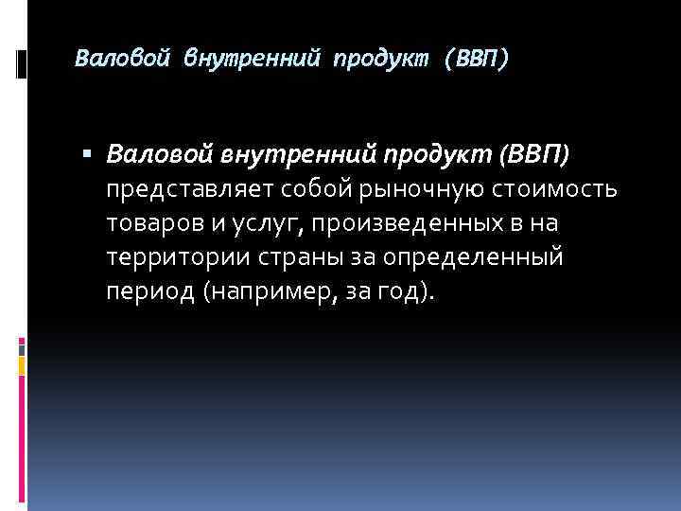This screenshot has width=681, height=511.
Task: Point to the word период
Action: click(x=149, y=291)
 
